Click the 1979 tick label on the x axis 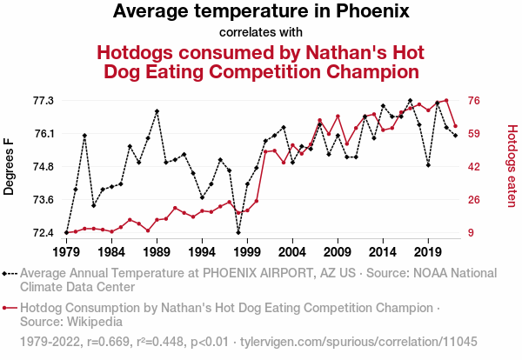66,251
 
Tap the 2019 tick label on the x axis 427,251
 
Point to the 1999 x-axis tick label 247,251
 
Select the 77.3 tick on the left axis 43,101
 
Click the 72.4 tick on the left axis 43,233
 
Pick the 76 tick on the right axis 476,101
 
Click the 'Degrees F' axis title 10,166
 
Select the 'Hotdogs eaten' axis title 512,166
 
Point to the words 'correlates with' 261,32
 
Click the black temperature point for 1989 157,111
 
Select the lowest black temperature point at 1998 238,232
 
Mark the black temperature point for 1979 66,233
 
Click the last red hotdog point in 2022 455,127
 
